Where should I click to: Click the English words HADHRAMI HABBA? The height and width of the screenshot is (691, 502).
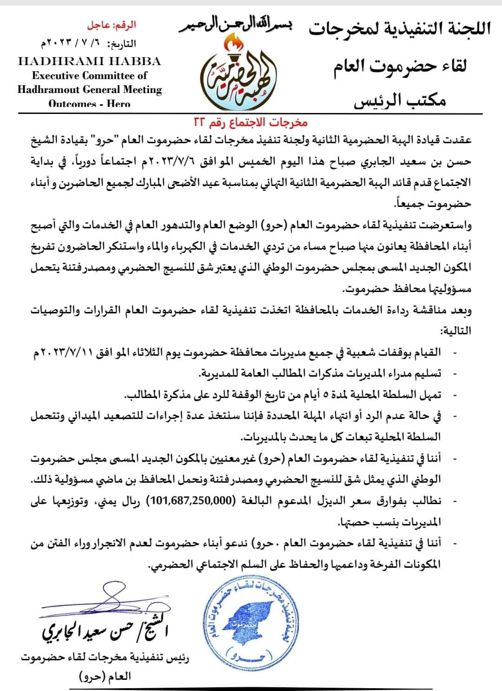click(x=89, y=61)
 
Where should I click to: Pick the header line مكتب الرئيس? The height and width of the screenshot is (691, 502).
click(x=400, y=100)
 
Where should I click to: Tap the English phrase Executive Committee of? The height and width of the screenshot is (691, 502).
click(x=89, y=75)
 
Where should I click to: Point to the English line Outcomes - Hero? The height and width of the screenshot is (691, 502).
click(x=89, y=104)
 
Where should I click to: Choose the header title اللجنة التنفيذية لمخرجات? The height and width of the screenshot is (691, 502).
click(x=400, y=30)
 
